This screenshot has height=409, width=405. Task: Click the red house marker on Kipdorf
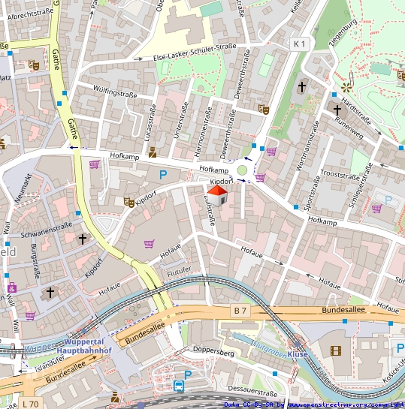pyautogui.click(x=216, y=196)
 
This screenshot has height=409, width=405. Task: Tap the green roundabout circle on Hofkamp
pyautogui.click(x=242, y=171)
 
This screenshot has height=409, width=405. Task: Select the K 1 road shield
pyautogui.click(x=300, y=44)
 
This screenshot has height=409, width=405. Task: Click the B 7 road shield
pyautogui.click(x=240, y=310)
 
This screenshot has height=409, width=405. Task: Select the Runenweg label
pyautogui.click(x=349, y=122)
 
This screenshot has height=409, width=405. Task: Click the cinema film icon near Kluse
pyautogui.click(x=334, y=350)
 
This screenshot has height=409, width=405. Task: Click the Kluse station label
pyautogui.click(x=298, y=353)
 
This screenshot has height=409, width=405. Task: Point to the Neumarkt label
pyautogui.click(x=24, y=188)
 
